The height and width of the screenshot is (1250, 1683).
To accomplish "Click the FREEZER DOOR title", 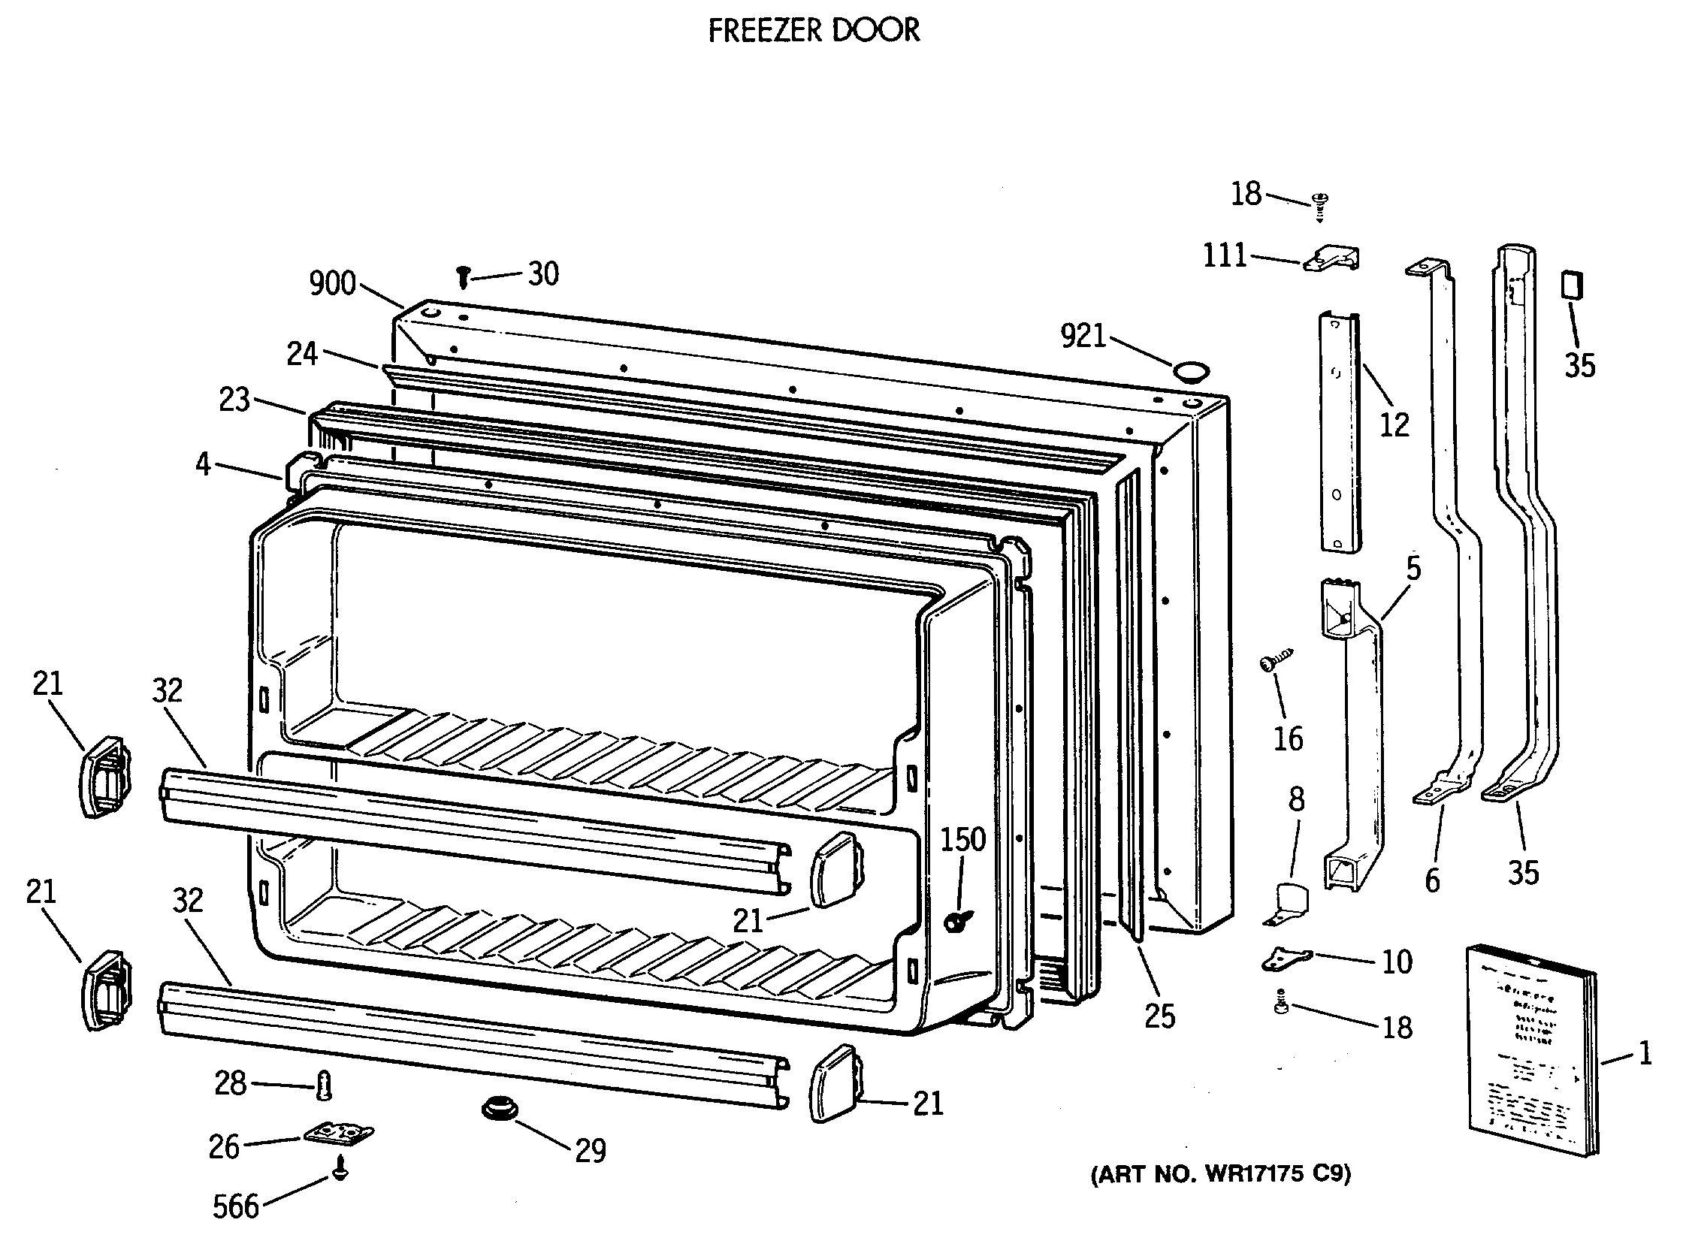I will pos(814,31).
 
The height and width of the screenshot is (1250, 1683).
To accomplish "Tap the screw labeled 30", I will pos(463,277).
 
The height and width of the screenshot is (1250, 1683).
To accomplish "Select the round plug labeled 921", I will pos(1190,371).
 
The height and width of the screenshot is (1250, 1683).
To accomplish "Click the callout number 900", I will pos(332,284).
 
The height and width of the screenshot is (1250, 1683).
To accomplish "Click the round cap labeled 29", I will pos(500,1110).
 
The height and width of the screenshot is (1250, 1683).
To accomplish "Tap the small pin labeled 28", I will pos(325,1086).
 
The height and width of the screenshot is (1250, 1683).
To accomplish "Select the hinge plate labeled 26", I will pos(338,1134).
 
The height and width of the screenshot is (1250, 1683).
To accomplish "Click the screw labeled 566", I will pos(340,1170).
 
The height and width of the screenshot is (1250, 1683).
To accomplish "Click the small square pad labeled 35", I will pos(1572,286).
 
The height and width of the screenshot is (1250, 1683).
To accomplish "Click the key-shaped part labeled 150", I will pos(957,921).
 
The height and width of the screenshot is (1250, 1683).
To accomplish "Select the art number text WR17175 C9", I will pos(1220,1173).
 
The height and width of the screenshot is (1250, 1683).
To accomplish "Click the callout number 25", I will pos(1159,1016).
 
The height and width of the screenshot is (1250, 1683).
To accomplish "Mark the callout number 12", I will pos(1394,424).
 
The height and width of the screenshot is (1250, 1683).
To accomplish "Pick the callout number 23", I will pos(234,400).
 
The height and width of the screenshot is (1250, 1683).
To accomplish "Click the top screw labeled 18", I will pos(1320,204).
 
